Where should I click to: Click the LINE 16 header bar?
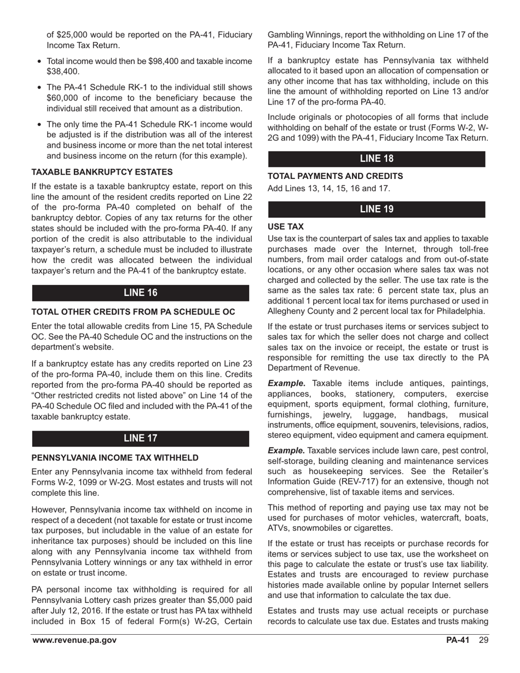click(x=141, y=293)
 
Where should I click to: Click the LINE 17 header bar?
click(x=141, y=438)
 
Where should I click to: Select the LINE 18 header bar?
click(x=377, y=159)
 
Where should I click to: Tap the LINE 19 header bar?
click(x=377, y=209)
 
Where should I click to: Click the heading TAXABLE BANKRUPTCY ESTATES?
click(x=102, y=172)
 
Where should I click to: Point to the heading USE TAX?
click(x=286, y=227)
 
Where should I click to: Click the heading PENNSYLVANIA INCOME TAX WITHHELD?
click(x=114, y=457)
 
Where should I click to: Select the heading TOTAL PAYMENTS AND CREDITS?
click(x=335, y=176)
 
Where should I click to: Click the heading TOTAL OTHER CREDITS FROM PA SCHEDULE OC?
click(x=133, y=312)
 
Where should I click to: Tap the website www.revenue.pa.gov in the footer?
click(x=74, y=640)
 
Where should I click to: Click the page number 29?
click(x=483, y=640)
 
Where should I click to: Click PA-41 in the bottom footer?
click(x=458, y=640)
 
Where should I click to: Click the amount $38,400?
click(x=63, y=72)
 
